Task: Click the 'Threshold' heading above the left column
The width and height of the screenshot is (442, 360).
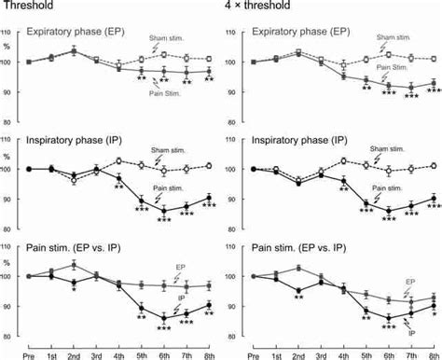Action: click(25, 7)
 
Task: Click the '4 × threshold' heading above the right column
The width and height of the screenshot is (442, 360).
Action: click(263, 7)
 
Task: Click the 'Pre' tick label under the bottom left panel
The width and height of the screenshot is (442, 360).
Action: click(28, 353)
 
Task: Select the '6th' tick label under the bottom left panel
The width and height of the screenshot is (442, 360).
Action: click(165, 353)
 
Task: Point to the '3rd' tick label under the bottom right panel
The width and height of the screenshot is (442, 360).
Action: click(322, 353)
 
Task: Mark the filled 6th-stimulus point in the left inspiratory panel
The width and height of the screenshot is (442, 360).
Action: click(164, 210)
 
